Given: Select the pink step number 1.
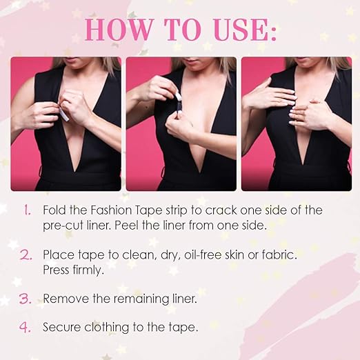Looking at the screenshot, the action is [x=28, y=210].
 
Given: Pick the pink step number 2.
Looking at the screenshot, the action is [x=26, y=255].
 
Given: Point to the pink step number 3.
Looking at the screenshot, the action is [x=26, y=299].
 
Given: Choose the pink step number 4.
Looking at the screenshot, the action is [x=25, y=327].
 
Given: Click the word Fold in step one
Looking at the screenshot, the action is [x=54, y=210].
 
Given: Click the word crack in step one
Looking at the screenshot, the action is [x=221, y=210].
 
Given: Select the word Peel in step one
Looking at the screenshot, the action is [x=126, y=226].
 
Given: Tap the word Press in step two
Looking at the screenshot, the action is [x=56, y=270].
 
